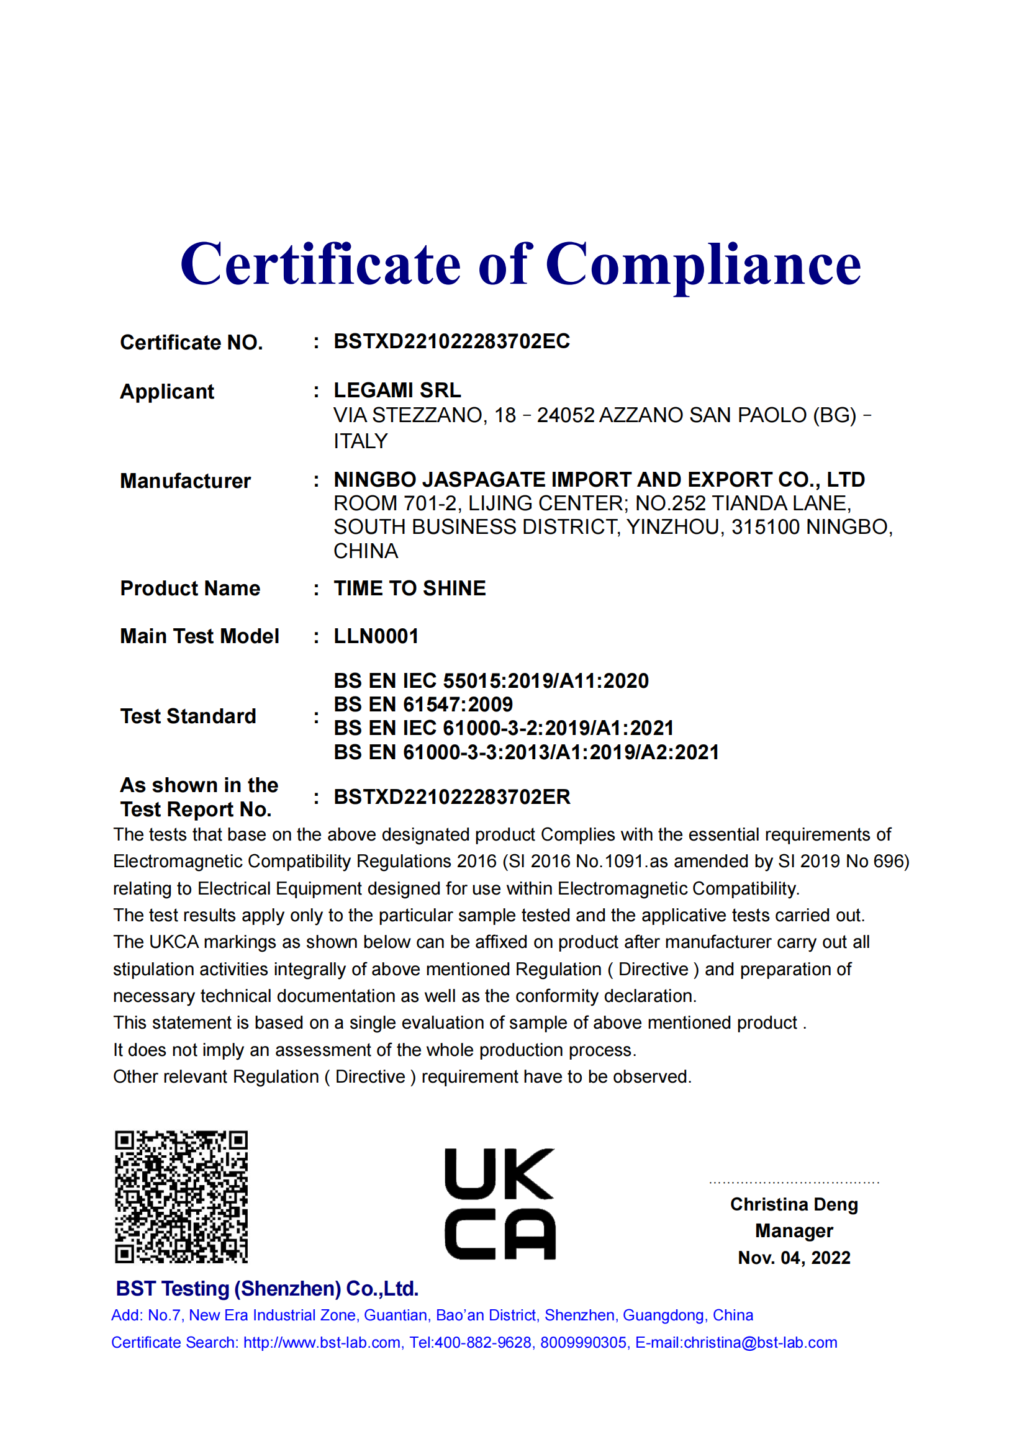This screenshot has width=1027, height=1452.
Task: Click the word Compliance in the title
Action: coord(703,264)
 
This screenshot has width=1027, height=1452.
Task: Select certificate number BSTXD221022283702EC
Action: coord(451,341)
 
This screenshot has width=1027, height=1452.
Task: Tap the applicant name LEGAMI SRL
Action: coord(397,390)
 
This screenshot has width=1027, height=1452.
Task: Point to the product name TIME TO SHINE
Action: coord(410,588)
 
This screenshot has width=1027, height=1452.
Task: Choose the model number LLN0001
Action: coord(376,636)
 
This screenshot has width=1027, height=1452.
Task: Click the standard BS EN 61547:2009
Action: coord(423,705)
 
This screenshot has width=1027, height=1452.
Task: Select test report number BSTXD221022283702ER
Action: coord(451,797)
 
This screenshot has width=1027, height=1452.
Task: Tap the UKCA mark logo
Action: coord(500,1203)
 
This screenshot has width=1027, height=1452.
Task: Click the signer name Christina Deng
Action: coord(794,1204)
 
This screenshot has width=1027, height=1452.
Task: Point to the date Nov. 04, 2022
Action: coord(794,1258)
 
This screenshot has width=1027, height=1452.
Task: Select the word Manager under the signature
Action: coord(794,1230)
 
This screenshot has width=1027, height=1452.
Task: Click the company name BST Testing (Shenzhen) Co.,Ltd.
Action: coord(267,1289)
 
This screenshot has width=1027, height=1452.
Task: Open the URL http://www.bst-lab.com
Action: coord(322,1343)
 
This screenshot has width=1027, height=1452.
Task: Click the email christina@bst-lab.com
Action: coord(760,1343)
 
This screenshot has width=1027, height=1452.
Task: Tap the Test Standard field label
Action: coord(188,716)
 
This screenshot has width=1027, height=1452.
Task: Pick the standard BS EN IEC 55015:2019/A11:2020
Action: coord(491,681)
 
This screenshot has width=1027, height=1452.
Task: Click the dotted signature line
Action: coord(794,1182)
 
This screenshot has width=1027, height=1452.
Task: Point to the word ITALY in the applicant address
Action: coord(361,441)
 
